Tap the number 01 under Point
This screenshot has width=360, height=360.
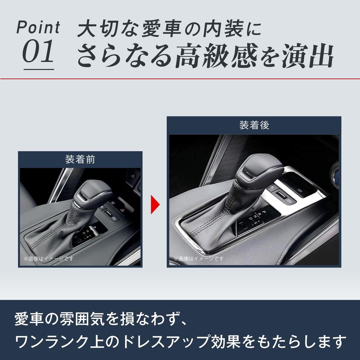point(38,52)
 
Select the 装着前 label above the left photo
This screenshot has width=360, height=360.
point(80,160)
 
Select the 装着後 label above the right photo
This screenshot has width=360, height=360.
point(254,126)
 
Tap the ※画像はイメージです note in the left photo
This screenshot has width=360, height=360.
point(48,258)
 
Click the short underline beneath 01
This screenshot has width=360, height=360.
point(39,69)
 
